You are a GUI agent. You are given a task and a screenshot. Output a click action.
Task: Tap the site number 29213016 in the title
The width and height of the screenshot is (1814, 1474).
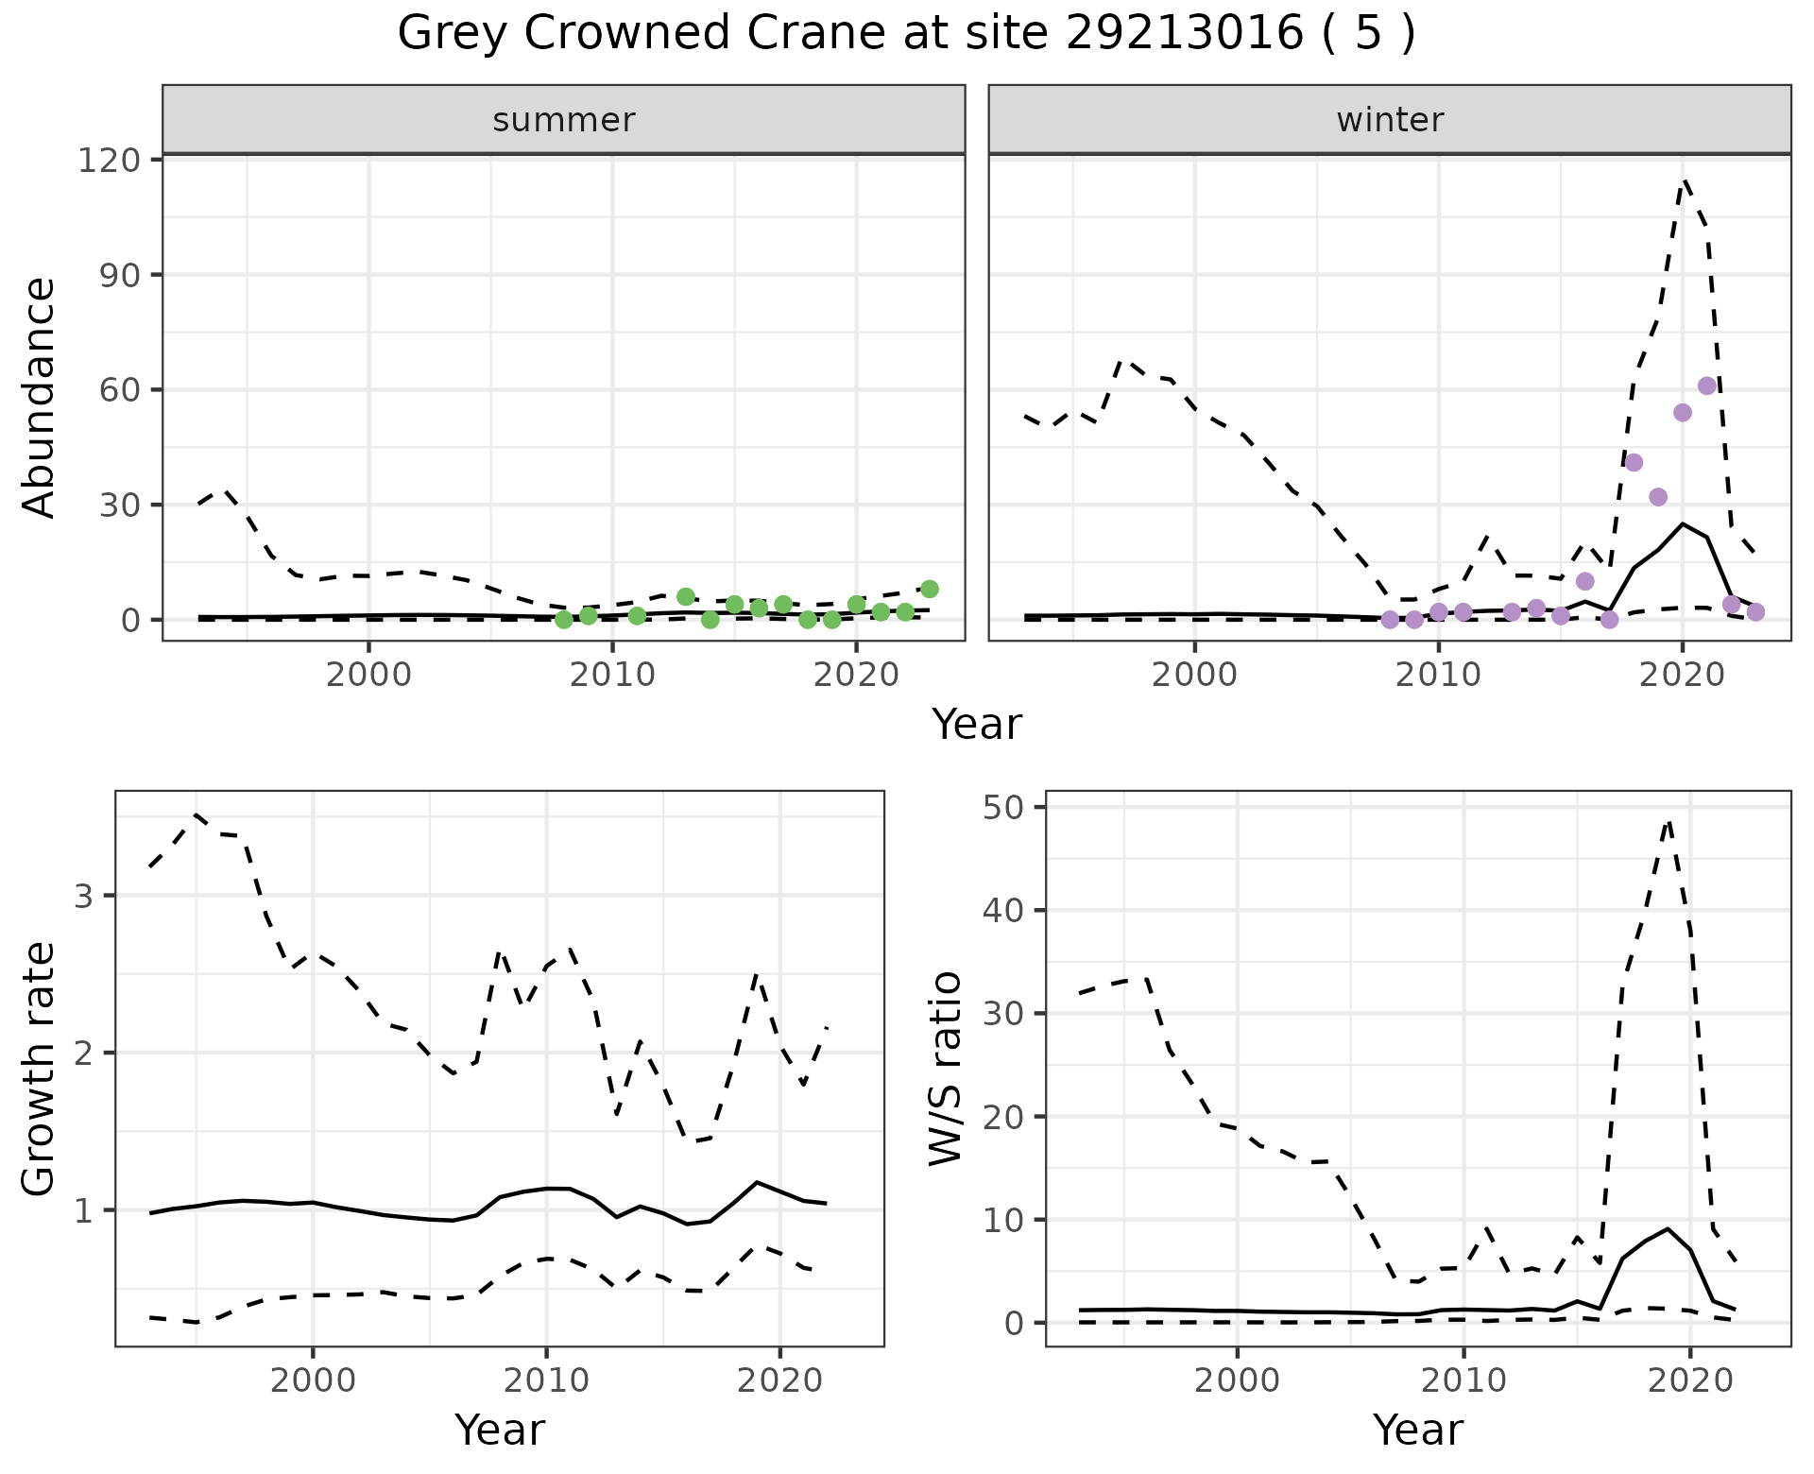[x=1186, y=34]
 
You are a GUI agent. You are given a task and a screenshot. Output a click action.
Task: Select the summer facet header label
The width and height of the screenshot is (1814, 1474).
[x=564, y=120]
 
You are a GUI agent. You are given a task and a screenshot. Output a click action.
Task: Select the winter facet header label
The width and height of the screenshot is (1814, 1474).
[x=1390, y=120]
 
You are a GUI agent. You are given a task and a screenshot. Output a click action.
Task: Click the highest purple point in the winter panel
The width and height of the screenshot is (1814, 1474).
[x=1707, y=386]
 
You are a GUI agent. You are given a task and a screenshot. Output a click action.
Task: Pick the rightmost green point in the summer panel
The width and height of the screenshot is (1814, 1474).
[x=930, y=589]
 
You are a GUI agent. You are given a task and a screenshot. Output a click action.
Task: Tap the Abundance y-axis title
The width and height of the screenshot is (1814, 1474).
[x=40, y=398]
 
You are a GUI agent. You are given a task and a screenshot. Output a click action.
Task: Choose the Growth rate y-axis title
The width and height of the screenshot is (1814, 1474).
[x=40, y=1069]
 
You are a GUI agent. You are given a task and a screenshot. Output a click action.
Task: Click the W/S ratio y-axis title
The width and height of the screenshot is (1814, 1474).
[x=946, y=1069]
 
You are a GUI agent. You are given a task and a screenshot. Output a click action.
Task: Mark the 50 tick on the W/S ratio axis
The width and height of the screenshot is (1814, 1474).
[x=1015, y=807]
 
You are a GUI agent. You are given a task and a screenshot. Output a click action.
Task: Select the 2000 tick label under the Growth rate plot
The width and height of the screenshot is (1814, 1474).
[x=313, y=1380]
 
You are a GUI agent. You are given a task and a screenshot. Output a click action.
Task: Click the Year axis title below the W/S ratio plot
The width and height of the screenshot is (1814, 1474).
[x=1418, y=1430]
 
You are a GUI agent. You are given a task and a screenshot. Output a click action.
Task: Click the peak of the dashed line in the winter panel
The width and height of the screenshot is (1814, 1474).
[x=1685, y=180]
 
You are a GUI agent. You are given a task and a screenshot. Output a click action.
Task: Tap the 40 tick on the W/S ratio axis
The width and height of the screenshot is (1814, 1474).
[x=1015, y=910]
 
